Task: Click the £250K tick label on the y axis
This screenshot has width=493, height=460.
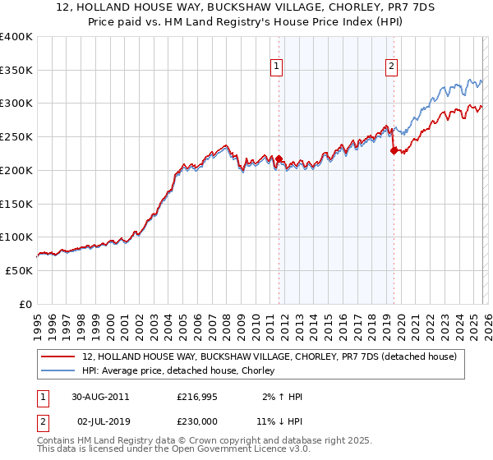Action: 16,137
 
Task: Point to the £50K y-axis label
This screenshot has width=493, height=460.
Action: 19,270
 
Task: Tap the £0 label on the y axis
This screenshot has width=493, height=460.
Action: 26,304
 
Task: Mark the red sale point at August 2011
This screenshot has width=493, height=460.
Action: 279,159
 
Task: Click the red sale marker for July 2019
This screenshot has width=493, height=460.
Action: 393,150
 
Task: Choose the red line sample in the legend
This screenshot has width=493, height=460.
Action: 58,356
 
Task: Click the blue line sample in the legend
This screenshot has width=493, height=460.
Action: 58,371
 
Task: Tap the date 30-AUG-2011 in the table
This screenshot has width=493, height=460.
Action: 100,397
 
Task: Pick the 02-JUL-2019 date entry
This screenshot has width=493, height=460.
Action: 99,421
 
